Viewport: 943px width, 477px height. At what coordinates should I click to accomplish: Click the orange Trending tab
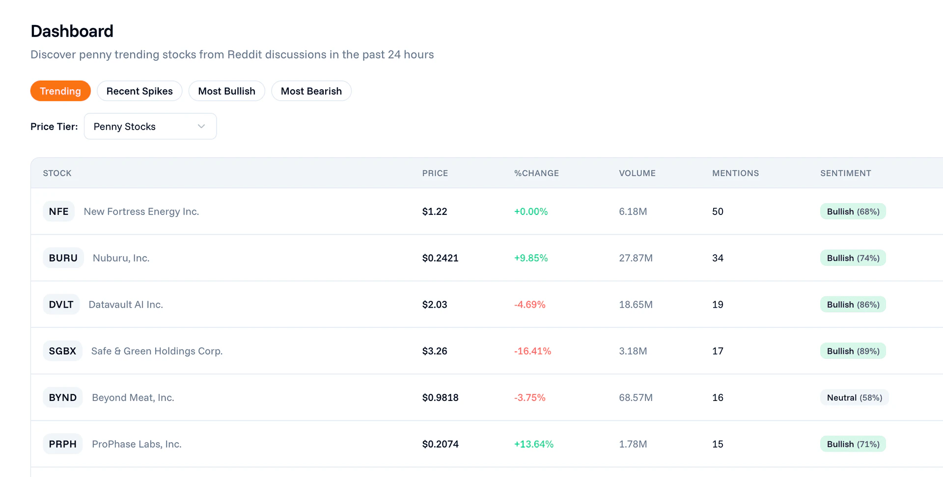pyautogui.click(x=60, y=91)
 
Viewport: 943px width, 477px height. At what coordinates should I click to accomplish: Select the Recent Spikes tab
pyautogui.click(x=139, y=91)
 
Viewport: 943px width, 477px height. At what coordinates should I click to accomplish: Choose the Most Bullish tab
pyautogui.click(x=226, y=91)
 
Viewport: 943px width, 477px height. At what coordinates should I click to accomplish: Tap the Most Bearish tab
pyautogui.click(x=311, y=91)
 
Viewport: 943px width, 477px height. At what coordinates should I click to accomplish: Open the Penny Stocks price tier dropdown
pyautogui.click(x=150, y=127)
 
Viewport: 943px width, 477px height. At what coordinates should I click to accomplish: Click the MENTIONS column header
pyautogui.click(x=735, y=173)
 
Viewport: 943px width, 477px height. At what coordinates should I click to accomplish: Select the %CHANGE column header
pyautogui.click(x=536, y=173)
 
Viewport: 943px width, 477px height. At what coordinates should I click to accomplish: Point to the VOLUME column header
pyautogui.click(x=637, y=173)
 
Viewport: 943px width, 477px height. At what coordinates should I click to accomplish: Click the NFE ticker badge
pyautogui.click(x=58, y=212)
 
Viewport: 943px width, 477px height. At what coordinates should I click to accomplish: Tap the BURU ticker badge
pyautogui.click(x=63, y=258)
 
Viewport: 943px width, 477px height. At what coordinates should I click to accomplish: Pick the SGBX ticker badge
pyautogui.click(x=62, y=351)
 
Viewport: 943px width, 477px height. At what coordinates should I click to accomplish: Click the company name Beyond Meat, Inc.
pyautogui.click(x=133, y=397)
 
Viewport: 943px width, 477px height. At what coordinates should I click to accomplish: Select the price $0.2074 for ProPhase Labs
pyautogui.click(x=440, y=444)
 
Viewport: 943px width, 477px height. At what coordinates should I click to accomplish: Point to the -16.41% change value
pyautogui.click(x=532, y=351)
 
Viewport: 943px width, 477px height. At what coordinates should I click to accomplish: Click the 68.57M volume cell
pyautogui.click(x=636, y=397)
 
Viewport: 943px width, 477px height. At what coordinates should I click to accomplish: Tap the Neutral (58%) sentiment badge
pyautogui.click(x=854, y=397)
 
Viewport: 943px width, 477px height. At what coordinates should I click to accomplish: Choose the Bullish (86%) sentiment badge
pyautogui.click(x=853, y=305)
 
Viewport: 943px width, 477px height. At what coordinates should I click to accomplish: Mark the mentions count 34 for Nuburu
pyautogui.click(x=718, y=258)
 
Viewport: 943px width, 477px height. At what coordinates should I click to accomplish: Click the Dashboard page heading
pyautogui.click(x=72, y=31)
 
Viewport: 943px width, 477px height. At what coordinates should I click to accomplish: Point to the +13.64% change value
pyautogui.click(x=533, y=444)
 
